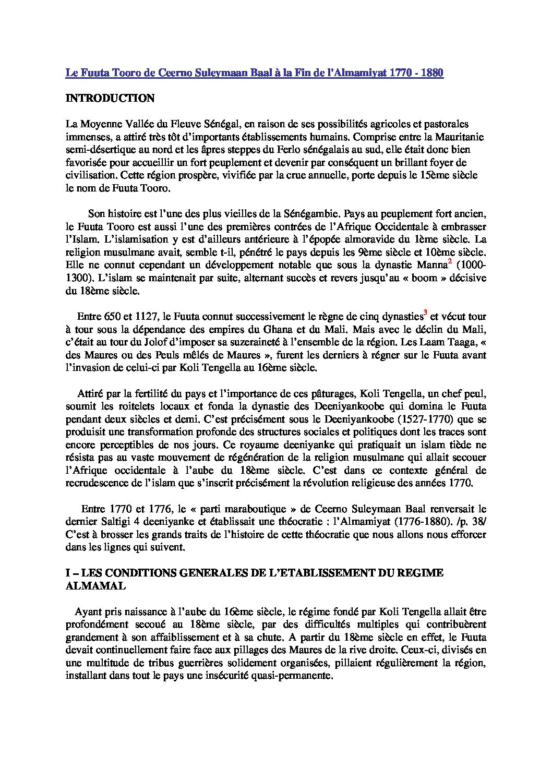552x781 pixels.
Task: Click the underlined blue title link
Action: [x=254, y=73]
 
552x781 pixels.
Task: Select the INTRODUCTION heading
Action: [x=110, y=99]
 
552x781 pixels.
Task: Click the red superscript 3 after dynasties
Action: [x=425, y=313]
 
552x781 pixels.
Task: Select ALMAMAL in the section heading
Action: [x=95, y=586]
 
